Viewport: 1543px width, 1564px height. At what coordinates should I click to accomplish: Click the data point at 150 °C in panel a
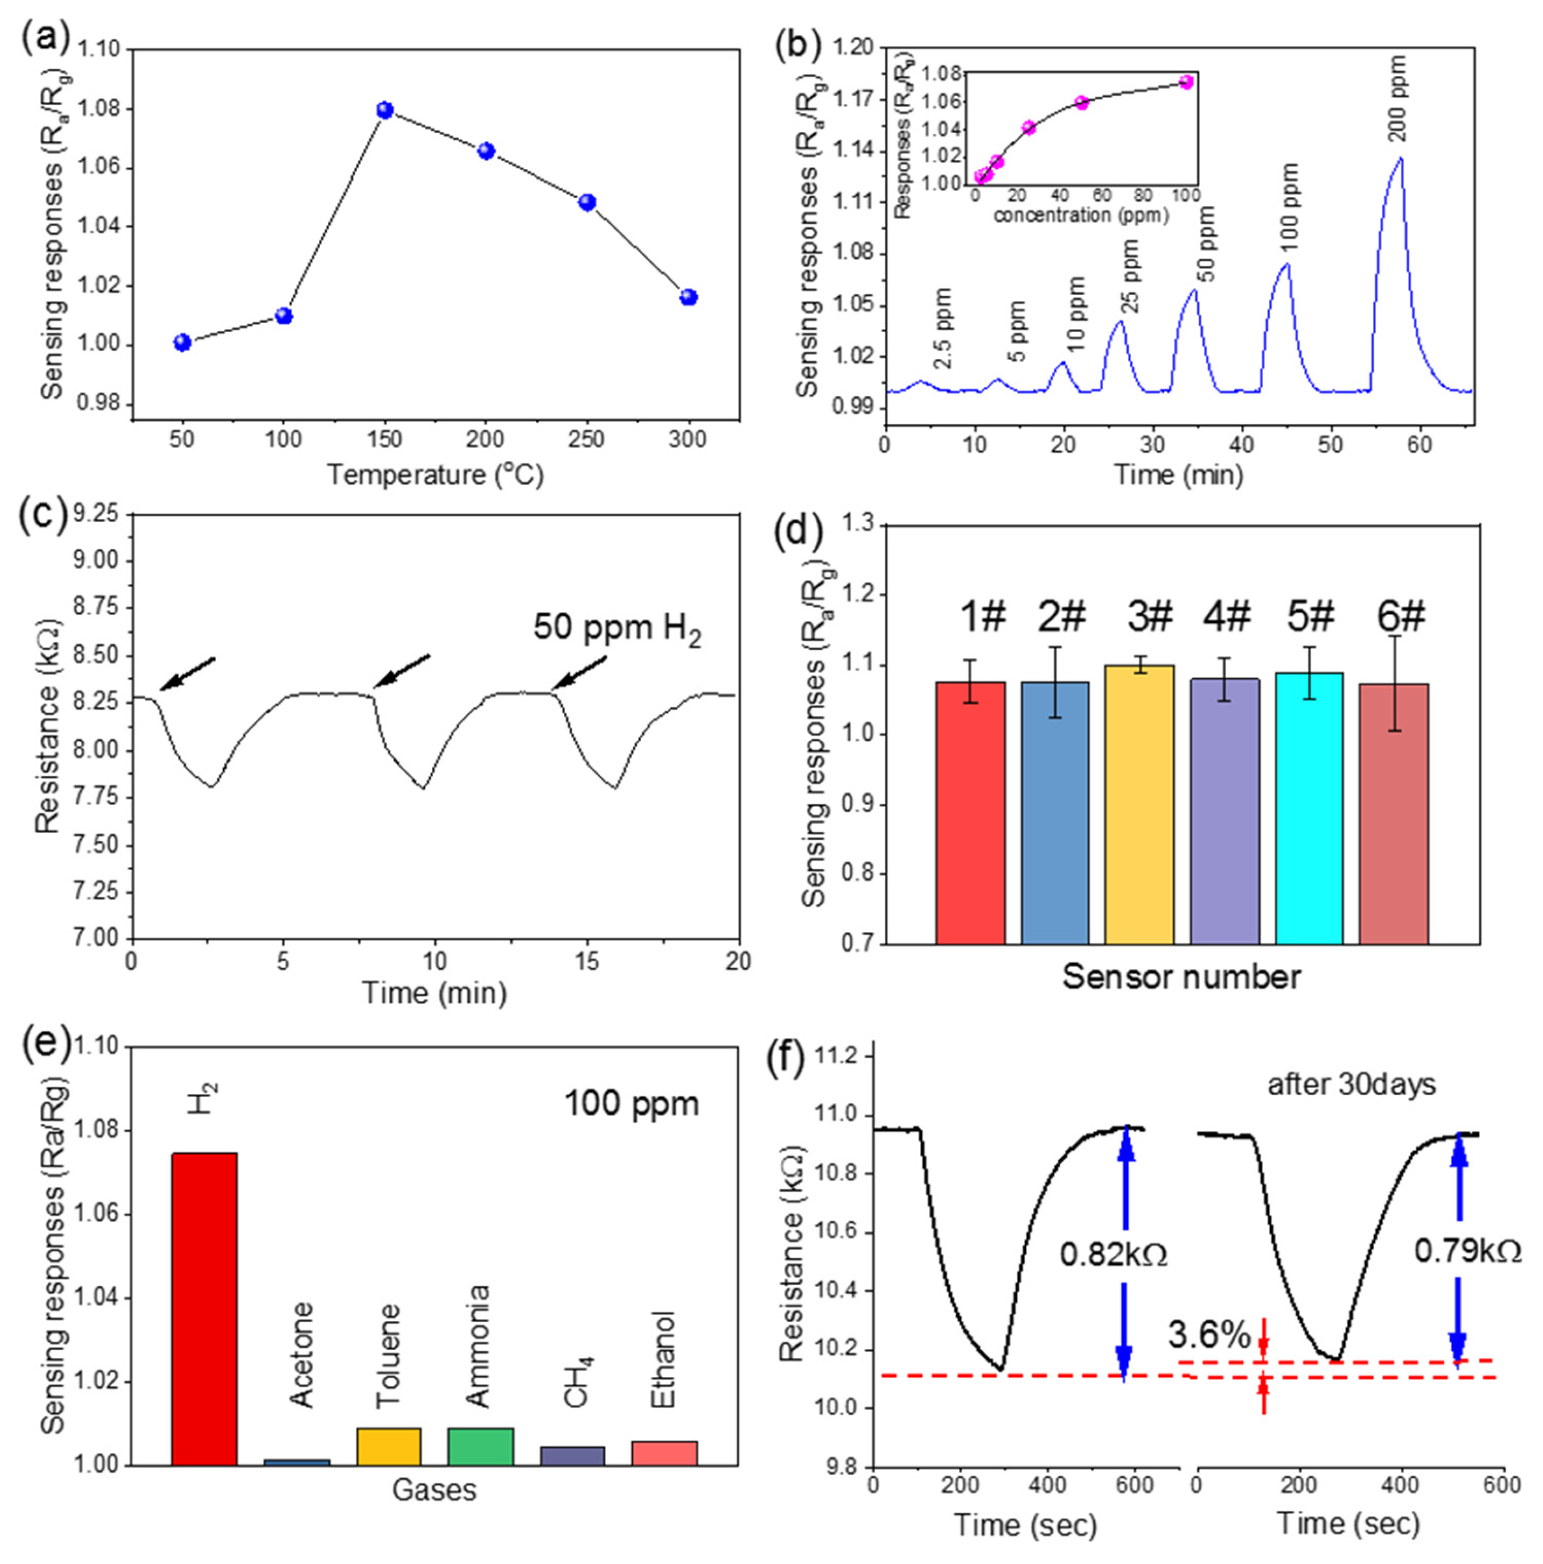tap(385, 110)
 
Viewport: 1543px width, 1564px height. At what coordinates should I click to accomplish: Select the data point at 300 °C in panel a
tap(689, 297)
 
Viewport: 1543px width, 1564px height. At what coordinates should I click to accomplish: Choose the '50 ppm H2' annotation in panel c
tap(616, 629)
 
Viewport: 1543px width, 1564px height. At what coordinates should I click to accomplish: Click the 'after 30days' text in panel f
tap(1351, 1084)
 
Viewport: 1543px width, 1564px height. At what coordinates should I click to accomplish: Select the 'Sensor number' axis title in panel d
tap(1181, 977)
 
